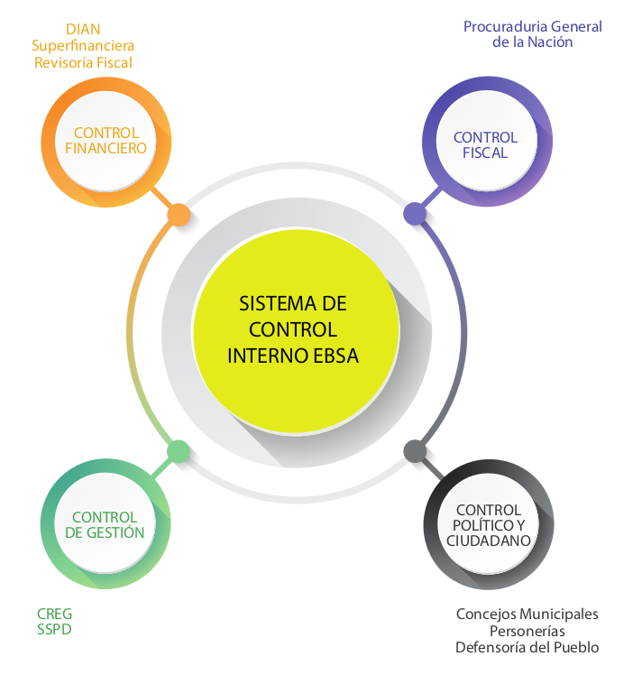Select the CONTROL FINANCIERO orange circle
click(x=106, y=140)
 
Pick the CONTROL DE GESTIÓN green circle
click(x=105, y=525)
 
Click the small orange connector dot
click(x=179, y=215)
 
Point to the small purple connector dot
click(x=415, y=214)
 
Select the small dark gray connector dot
click(x=415, y=450)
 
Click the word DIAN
click(x=83, y=29)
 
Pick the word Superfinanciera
click(x=83, y=45)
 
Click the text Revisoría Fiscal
click(x=83, y=62)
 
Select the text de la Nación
click(x=533, y=42)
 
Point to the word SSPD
click(x=53, y=630)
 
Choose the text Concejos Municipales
click(x=527, y=614)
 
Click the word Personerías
click(x=527, y=631)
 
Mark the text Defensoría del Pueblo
click(x=527, y=647)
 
